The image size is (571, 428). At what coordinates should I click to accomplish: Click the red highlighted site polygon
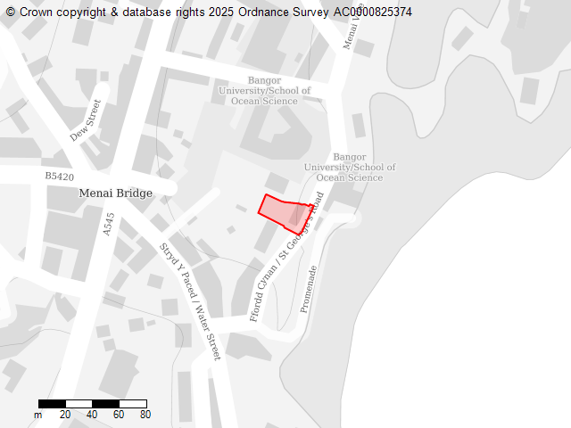285,213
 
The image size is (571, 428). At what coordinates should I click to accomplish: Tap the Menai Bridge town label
115,193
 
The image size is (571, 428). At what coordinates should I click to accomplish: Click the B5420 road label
60,177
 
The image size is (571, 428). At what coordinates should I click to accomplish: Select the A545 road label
109,223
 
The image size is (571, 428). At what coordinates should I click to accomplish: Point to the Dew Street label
87,120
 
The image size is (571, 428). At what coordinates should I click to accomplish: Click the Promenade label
309,289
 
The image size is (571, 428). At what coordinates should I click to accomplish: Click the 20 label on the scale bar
65,415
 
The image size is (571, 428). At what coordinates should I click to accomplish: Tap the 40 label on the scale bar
92,415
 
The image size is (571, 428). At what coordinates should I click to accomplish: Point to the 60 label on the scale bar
119,415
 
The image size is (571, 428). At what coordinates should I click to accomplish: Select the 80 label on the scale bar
145,415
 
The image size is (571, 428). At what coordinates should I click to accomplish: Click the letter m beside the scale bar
37,415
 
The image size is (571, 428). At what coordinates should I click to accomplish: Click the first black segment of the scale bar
52,405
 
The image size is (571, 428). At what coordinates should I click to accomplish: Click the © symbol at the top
11,12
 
